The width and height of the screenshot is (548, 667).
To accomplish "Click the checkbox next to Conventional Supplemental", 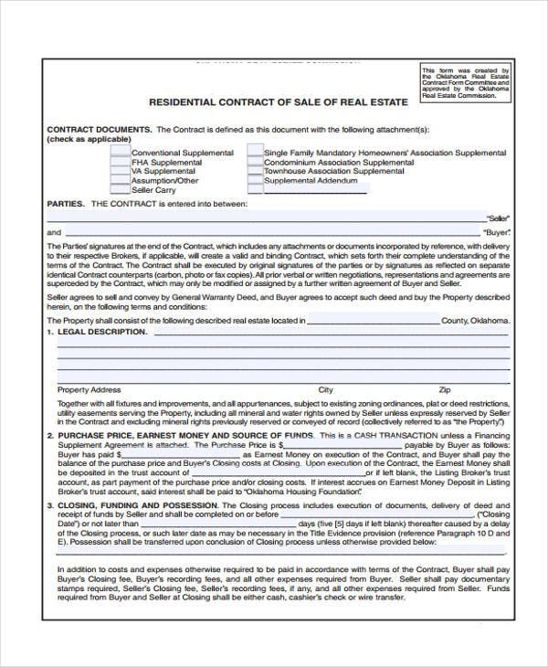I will tap(120, 153).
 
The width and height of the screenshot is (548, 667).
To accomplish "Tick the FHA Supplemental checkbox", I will tap(120, 162).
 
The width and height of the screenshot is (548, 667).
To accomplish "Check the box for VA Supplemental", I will tap(120, 171).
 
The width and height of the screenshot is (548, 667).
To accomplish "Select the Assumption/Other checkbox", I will tap(120, 181).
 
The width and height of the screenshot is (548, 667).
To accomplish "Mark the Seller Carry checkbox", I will tap(120, 190).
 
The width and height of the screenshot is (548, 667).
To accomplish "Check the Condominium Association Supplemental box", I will tap(255, 162).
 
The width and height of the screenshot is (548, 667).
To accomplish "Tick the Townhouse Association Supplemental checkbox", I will tap(255, 171).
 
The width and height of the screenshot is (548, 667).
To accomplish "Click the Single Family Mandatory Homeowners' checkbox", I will tap(255, 153).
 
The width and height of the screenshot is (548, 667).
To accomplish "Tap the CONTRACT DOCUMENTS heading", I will tap(100, 130).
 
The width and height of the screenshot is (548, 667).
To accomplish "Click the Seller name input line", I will tap(274, 217).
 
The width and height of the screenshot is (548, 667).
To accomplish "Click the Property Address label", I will tap(89, 389).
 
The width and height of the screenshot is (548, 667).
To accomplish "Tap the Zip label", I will tap(445, 389).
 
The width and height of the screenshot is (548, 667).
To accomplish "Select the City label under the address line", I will tap(325, 389).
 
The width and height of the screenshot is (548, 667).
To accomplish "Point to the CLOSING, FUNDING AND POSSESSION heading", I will tap(138, 504).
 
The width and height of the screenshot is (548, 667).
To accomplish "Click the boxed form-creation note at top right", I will tap(466, 82).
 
